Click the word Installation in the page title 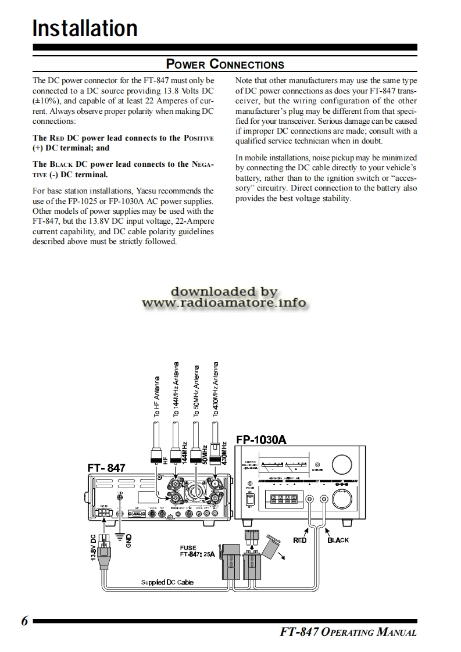pos(85,28)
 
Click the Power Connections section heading pos(225,65)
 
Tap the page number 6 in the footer pos(24,621)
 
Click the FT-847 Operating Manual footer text pos(348,632)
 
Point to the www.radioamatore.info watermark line pos(224,303)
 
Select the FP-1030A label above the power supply pos(262,439)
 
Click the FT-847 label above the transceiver pos(106,467)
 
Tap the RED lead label pos(299,540)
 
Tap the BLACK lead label pos(338,540)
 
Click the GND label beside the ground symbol pos(129,540)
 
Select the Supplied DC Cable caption pos(167,582)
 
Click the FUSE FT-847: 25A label pos(197,551)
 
